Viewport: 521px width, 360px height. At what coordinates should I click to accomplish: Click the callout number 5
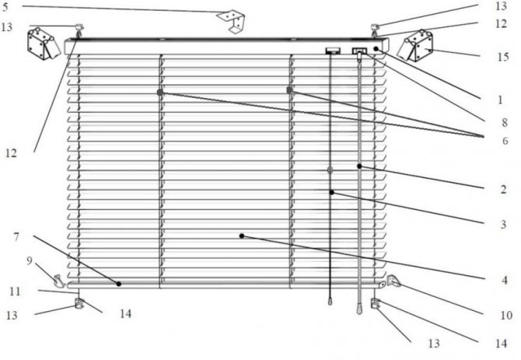pos(6,9)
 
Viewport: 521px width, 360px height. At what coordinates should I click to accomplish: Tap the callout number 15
pos(503,57)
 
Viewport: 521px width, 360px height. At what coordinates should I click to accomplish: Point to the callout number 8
pos(503,122)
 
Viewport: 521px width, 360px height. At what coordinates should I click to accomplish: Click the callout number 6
pos(503,140)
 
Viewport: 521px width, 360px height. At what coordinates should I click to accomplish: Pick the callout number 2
pos(503,188)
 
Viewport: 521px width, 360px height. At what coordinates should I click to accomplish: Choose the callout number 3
pos(503,224)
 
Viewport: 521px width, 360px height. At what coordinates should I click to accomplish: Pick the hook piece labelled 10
pos(394,281)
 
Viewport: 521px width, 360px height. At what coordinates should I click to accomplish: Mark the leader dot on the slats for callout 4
pos(242,235)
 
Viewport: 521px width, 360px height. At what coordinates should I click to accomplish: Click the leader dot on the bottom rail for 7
pos(119,284)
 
